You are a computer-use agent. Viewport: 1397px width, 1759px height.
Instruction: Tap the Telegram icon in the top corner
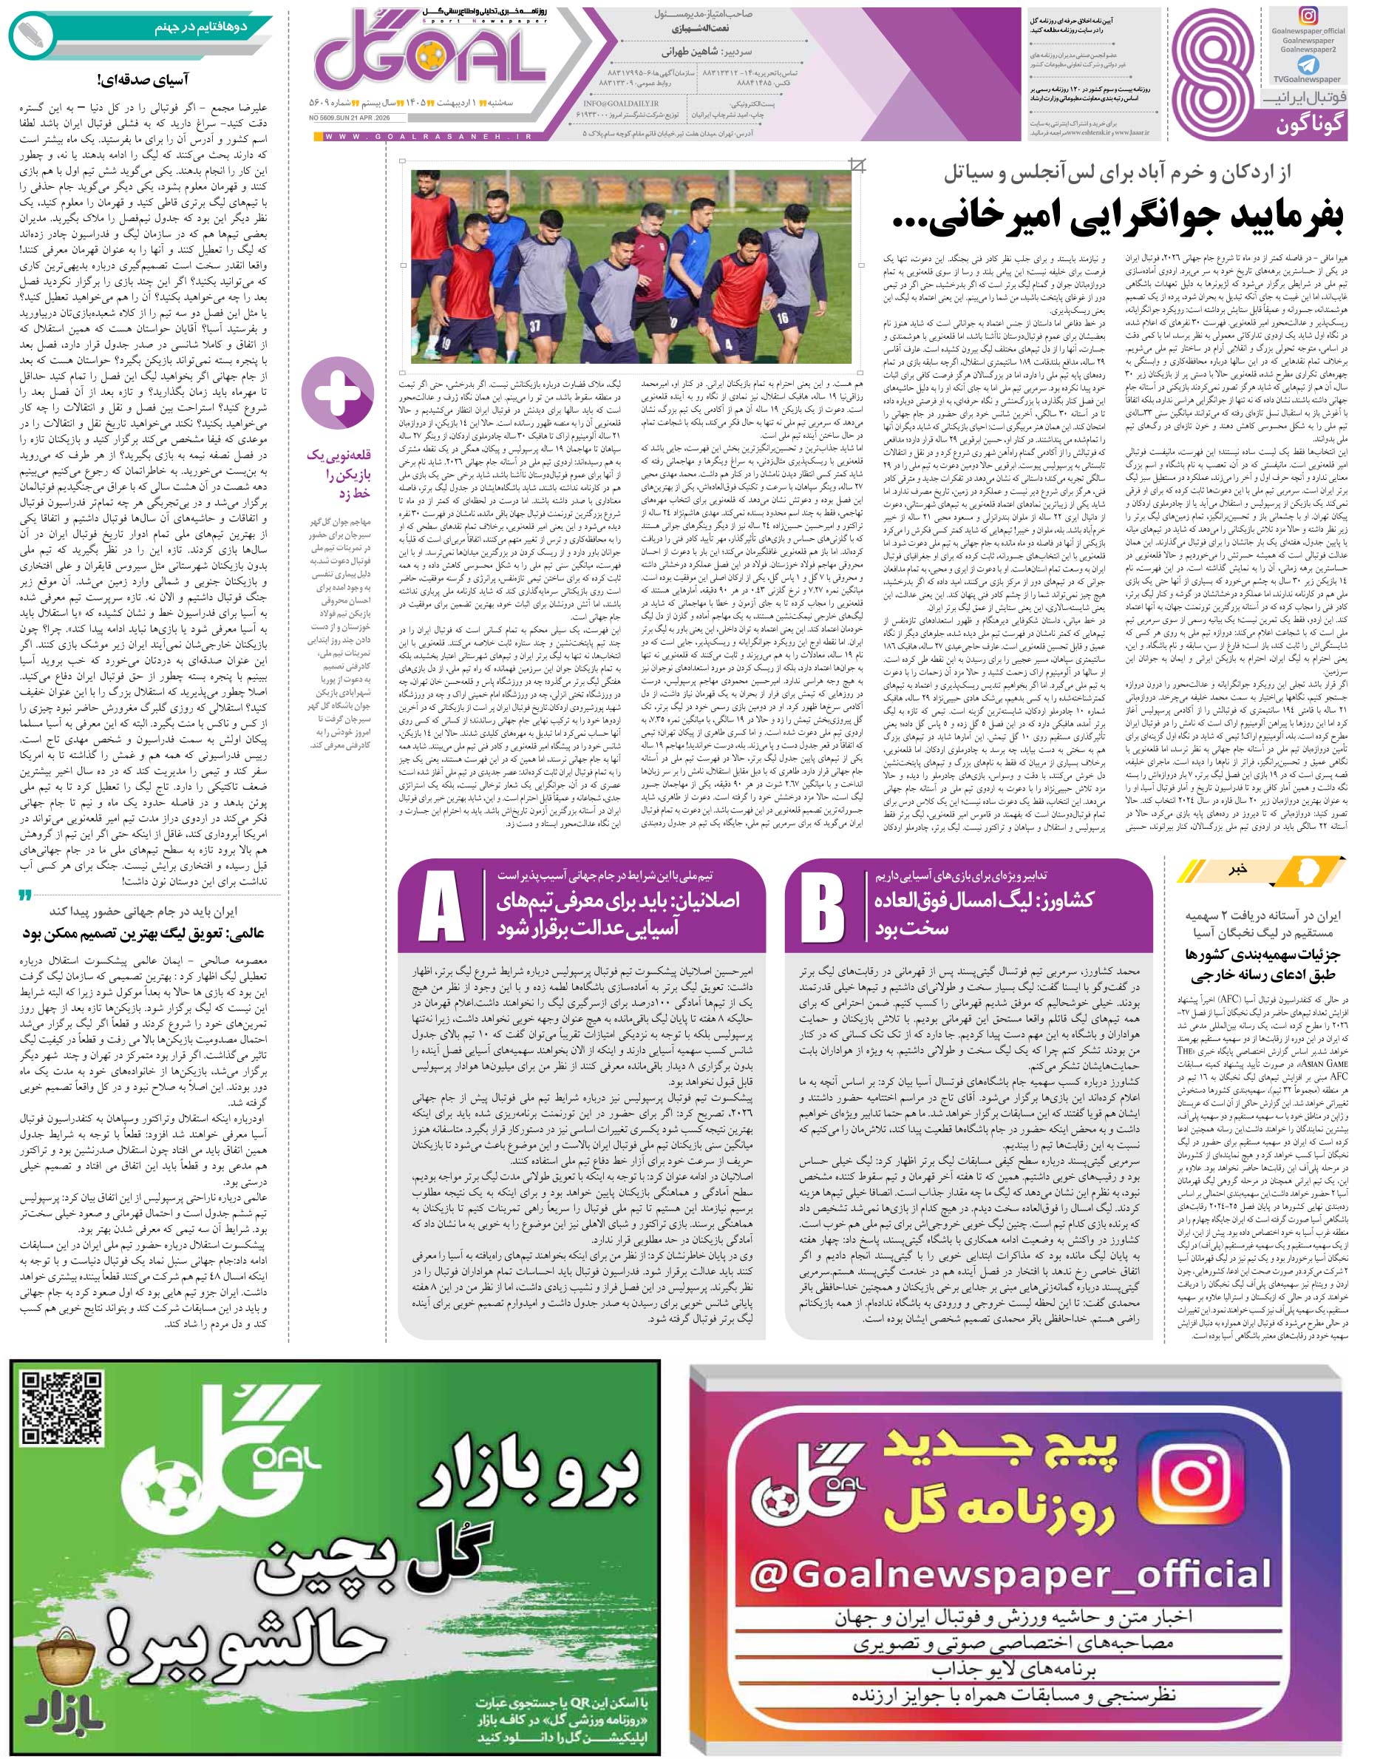(1309, 63)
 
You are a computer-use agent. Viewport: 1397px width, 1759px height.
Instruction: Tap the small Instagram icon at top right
(1308, 16)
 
